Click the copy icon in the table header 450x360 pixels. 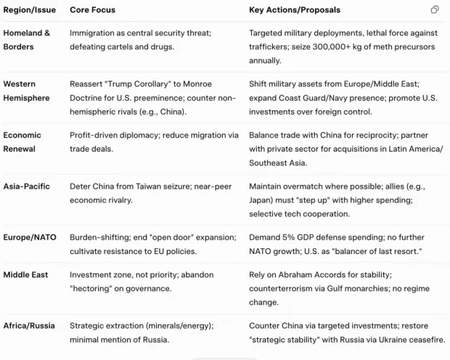435,9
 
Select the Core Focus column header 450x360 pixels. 92,10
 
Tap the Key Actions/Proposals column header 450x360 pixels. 295,10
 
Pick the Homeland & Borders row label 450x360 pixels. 27,40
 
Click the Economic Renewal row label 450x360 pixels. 22,142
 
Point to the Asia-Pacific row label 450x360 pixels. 27,187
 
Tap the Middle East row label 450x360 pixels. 27,274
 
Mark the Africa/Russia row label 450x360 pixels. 29,325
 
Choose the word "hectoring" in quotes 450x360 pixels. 94,288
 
